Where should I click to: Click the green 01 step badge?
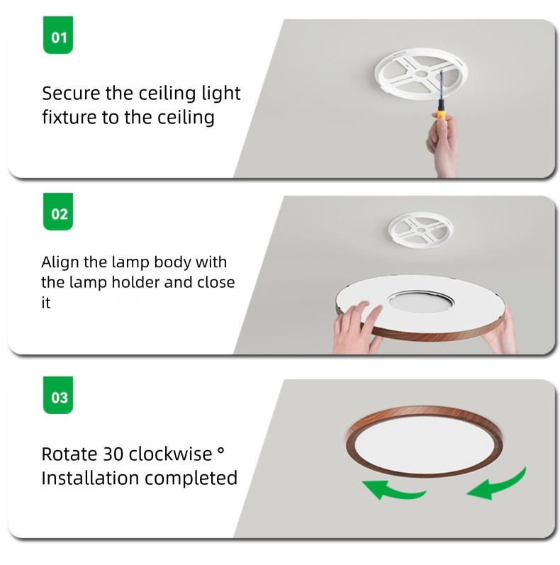pyautogui.click(x=58, y=35)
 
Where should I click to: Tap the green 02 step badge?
pyautogui.click(x=58, y=211)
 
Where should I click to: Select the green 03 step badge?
pyautogui.click(x=58, y=395)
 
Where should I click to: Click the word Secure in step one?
pyautogui.click(x=71, y=94)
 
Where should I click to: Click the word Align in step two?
pyautogui.click(x=60, y=262)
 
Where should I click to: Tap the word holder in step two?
pyautogui.click(x=136, y=282)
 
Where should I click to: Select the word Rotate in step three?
pyautogui.click(x=69, y=454)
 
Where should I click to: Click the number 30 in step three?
pyautogui.click(x=113, y=454)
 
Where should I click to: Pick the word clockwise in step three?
pyautogui.click(x=170, y=454)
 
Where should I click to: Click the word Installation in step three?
pyautogui.click(x=90, y=479)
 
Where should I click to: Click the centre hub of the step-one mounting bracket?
pyautogui.click(x=421, y=74)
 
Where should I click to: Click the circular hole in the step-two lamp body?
pyautogui.click(x=420, y=301)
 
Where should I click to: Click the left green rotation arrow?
pyautogui.click(x=392, y=490)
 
